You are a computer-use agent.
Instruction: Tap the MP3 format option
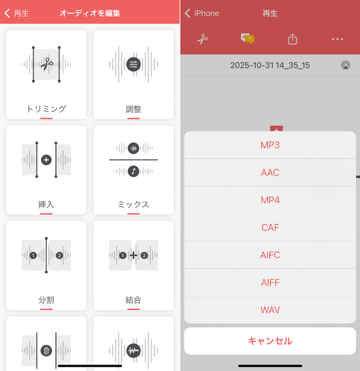coord(270,145)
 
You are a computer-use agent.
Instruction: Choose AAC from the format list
coord(270,172)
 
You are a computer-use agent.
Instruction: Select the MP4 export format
coord(270,200)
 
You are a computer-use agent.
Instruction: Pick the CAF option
coord(270,228)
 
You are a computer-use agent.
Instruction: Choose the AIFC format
coord(270,255)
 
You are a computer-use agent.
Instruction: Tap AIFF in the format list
coord(270,282)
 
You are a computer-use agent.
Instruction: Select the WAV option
coord(270,310)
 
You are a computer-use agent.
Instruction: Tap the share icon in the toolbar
coord(293,39)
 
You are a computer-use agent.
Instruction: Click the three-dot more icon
coord(337,39)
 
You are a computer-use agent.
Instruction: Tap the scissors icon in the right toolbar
coord(203,39)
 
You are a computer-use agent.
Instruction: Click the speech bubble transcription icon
coord(247,38)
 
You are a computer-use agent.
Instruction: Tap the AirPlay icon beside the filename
coord(346,65)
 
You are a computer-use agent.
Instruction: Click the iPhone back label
coord(206,13)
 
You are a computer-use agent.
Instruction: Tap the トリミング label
coord(46,109)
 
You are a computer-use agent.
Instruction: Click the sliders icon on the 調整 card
coord(133,64)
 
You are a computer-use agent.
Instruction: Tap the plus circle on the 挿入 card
coord(46,160)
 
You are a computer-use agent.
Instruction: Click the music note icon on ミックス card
coord(133,171)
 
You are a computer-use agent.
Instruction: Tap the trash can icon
coord(46,351)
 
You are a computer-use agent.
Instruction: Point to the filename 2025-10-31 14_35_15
coord(270,65)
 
